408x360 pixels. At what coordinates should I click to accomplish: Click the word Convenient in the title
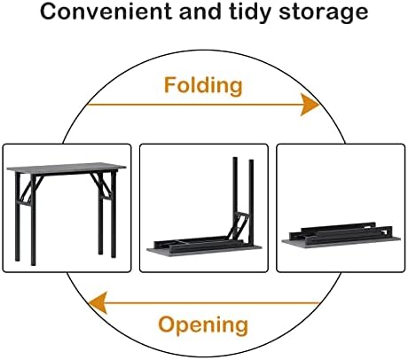(x=106, y=12)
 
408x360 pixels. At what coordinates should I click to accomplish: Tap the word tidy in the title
(x=250, y=13)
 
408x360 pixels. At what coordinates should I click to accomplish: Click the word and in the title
(x=200, y=12)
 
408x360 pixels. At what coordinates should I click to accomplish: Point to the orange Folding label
(x=203, y=86)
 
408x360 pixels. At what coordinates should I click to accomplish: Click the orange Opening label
(x=203, y=325)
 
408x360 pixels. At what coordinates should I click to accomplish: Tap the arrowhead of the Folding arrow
(x=310, y=105)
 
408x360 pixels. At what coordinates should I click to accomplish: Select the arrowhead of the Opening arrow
(x=98, y=302)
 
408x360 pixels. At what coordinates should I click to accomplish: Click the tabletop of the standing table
(x=67, y=168)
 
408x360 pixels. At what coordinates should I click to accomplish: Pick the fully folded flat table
(x=341, y=235)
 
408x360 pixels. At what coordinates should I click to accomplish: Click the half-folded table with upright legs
(x=204, y=207)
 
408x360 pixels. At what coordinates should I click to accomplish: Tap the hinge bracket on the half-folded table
(x=239, y=224)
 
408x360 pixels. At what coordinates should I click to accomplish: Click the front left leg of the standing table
(x=33, y=220)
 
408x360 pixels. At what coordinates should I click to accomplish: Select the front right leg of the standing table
(x=114, y=215)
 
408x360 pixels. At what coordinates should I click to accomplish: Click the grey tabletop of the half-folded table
(x=204, y=251)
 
